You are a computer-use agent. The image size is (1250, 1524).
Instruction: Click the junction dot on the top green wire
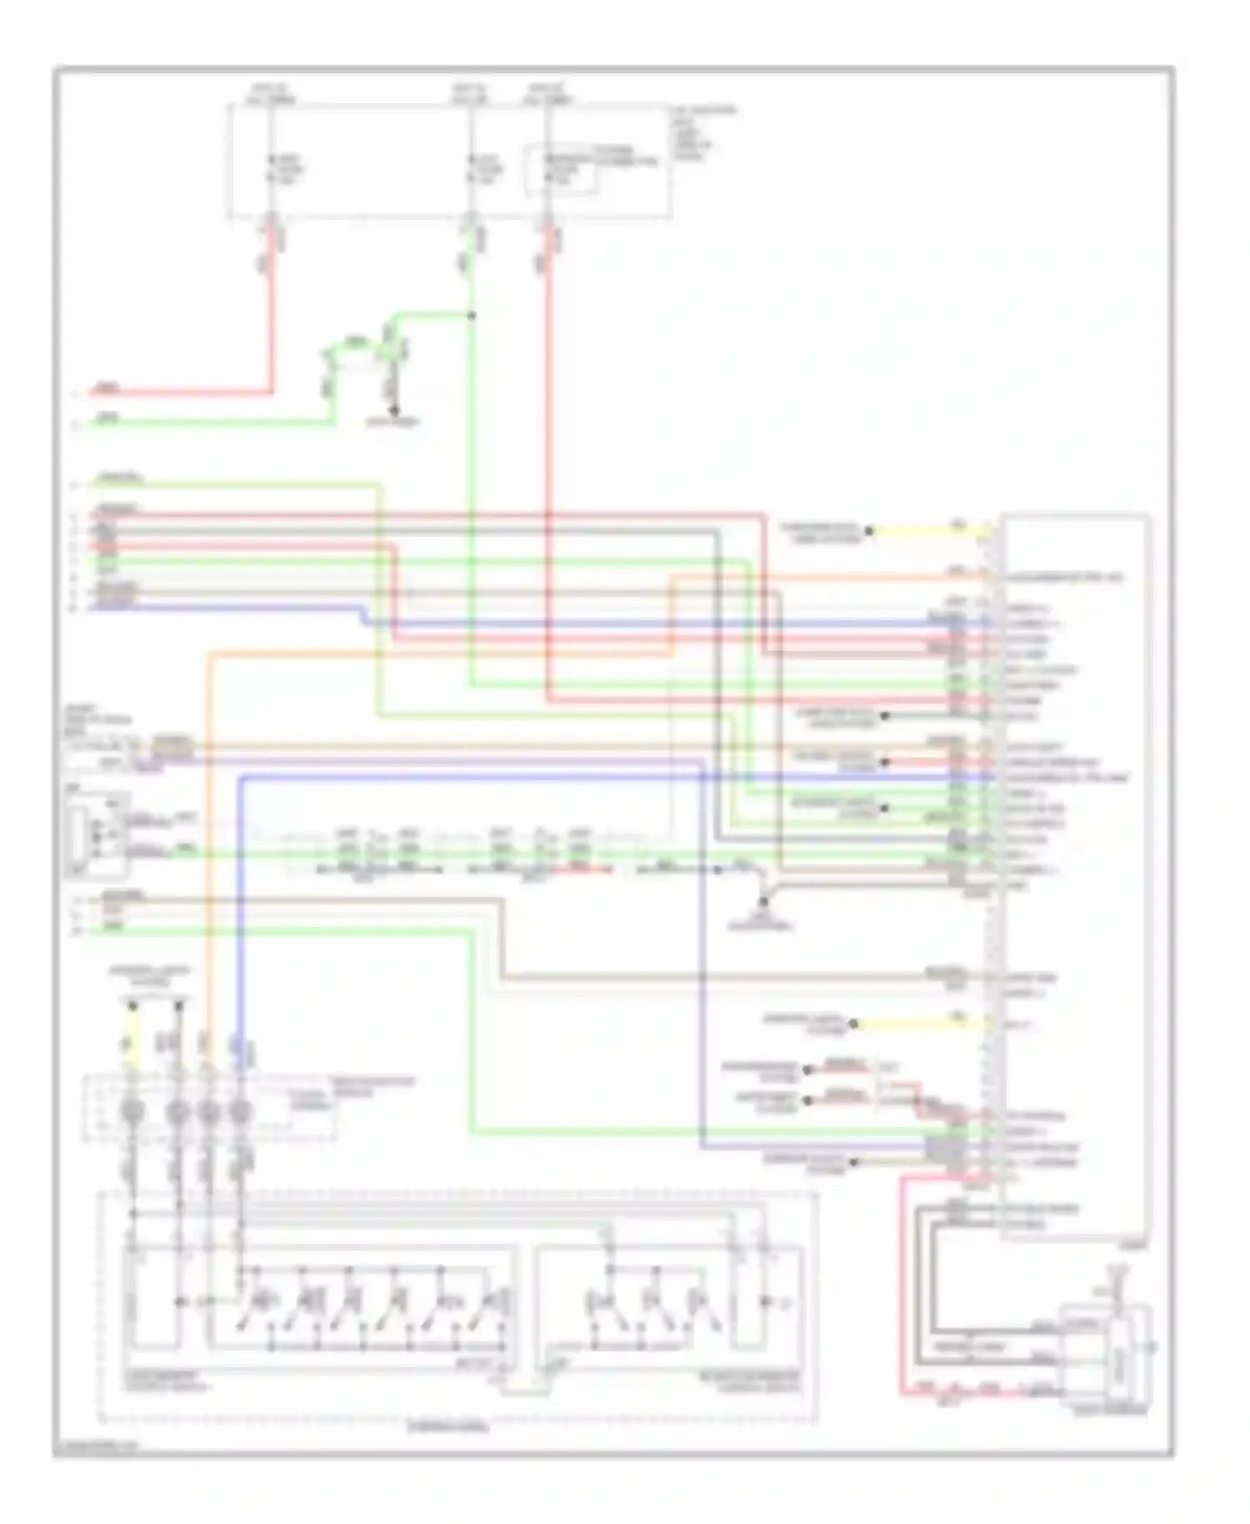tap(471, 316)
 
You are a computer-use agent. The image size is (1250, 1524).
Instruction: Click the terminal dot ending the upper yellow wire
tap(868, 530)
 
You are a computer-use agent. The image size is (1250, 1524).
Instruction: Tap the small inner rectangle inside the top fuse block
tap(560, 171)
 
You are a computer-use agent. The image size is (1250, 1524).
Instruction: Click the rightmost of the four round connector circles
tap(240, 1111)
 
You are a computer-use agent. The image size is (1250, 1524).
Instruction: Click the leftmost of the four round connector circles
tap(132, 1111)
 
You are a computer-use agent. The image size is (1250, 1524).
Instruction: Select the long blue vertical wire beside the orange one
tap(240, 900)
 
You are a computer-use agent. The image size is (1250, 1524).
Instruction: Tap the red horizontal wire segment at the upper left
tap(183, 392)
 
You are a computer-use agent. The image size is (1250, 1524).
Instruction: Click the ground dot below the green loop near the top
tap(395, 411)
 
